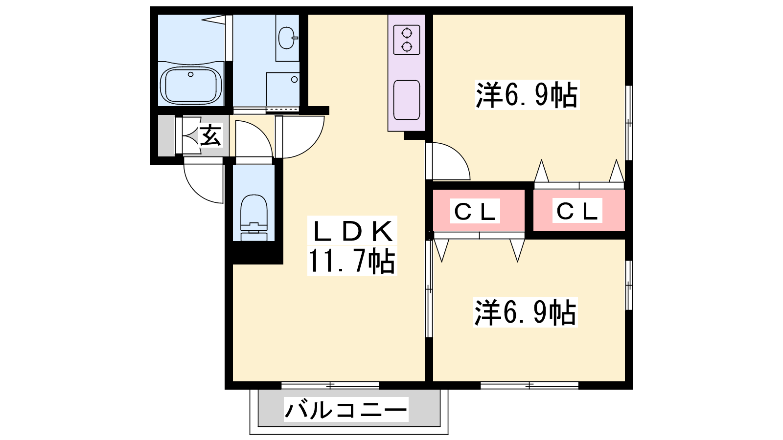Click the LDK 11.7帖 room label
(x=352, y=245)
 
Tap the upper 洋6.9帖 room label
(x=527, y=95)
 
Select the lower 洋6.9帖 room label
(x=526, y=312)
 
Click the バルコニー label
(x=346, y=409)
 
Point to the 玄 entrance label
(x=211, y=135)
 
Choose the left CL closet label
(x=475, y=211)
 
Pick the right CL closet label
(x=577, y=210)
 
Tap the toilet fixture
(x=254, y=217)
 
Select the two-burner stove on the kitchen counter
(x=407, y=40)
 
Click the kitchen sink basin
(x=407, y=100)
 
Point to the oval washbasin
(x=287, y=38)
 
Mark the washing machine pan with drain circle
(x=283, y=89)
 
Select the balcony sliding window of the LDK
(x=330, y=386)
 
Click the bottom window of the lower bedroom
(x=530, y=386)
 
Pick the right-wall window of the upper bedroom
(x=629, y=123)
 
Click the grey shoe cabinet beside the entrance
(x=166, y=135)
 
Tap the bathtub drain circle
(x=190, y=74)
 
